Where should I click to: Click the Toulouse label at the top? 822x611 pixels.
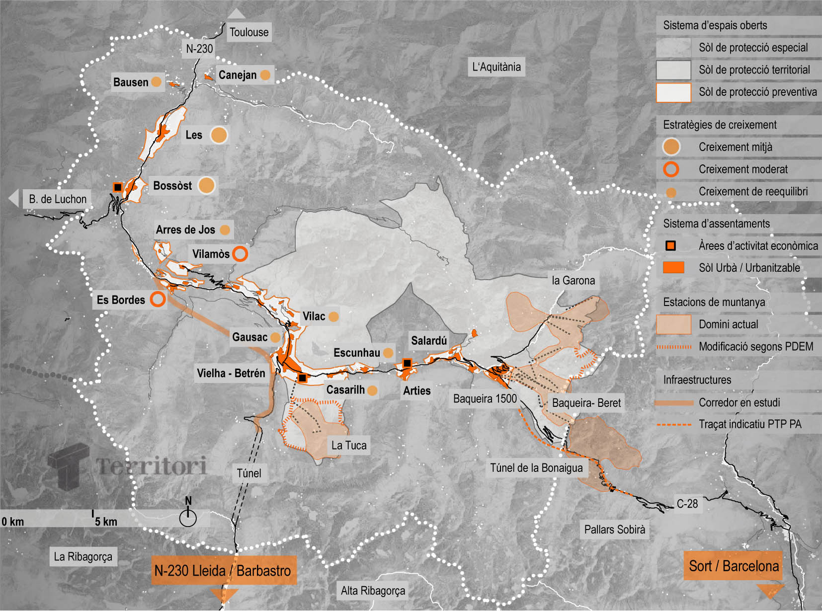point(248,32)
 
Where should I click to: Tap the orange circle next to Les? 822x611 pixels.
point(219,135)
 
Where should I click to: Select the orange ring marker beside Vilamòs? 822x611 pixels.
point(240,254)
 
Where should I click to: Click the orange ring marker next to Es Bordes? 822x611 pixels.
point(158,300)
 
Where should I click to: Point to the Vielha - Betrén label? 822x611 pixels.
point(231,373)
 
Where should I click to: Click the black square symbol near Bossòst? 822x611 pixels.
point(118,187)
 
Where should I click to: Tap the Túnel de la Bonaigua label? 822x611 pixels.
point(536,468)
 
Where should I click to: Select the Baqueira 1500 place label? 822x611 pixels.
point(485,399)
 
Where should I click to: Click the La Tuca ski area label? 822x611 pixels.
point(349,446)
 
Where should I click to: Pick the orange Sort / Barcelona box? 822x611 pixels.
point(733,566)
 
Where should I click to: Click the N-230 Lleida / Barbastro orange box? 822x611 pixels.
point(223,571)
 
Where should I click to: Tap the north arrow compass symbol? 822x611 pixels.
point(188,516)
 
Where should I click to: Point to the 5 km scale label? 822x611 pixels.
point(106,522)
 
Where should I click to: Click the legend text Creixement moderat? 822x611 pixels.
point(743,169)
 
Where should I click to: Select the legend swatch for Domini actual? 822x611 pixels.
point(673,324)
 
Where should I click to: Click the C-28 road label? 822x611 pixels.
point(687,504)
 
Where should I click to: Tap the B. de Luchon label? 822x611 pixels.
point(58,199)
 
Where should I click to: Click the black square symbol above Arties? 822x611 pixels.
point(407,363)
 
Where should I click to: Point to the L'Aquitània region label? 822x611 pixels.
point(496,67)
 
